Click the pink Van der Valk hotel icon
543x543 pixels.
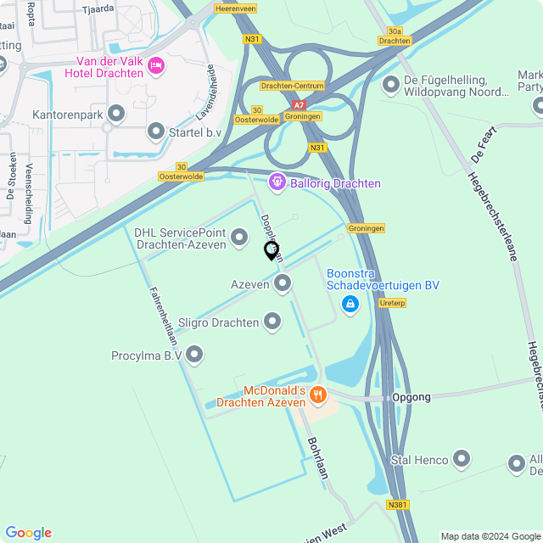coord(156,65)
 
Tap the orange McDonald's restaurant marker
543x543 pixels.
coord(318,394)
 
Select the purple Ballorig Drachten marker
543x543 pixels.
coord(277,182)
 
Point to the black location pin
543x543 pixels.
coord(271,250)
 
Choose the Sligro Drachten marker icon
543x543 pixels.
coord(272,321)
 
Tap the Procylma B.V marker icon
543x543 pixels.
coord(194,355)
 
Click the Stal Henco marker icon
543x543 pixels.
coord(462,459)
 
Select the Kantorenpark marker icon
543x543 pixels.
coord(117,112)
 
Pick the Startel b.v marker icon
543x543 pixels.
coord(156,131)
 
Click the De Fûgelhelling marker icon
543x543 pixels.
coord(391,84)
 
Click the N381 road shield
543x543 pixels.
coord(397,504)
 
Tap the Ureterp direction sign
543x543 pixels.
coord(393,303)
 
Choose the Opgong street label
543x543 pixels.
coord(411,397)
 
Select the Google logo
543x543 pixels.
coord(28,533)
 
